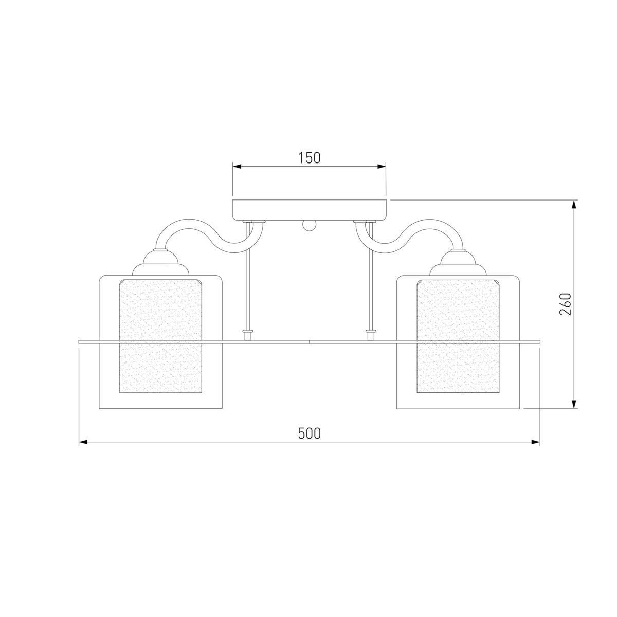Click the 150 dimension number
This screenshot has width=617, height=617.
[x=310, y=158]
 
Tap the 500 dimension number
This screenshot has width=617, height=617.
[x=309, y=433]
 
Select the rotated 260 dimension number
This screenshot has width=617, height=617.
[x=565, y=304]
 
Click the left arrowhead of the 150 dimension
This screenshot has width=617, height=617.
[x=237, y=167]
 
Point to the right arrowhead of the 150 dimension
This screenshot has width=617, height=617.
[x=382, y=167]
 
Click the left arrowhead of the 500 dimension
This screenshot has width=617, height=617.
[x=83, y=442]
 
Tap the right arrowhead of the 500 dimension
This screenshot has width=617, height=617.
[x=535, y=442]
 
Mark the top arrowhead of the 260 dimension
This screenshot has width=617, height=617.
[x=574, y=205]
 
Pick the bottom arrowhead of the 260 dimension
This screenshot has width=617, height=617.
[x=574, y=404]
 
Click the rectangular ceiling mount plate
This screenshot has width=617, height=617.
[x=310, y=210]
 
